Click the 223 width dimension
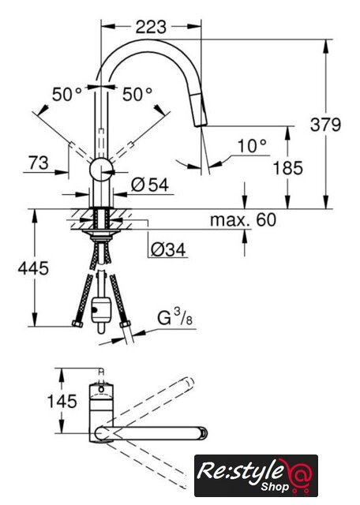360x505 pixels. tap(151, 27)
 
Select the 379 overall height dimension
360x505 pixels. tap(325, 125)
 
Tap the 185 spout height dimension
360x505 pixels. tap(288, 168)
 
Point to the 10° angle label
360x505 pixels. tap(252, 146)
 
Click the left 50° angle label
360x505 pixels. tap(67, 95)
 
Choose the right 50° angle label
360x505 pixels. tap(137, 95)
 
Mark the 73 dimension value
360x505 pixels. tap(39, 163)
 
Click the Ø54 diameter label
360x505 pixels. tap(150, 185)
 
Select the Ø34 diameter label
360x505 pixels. tap(168, 249)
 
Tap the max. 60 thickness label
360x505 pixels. tap(243, 220)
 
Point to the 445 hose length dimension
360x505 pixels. tap(33, 268)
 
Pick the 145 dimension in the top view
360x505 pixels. tap(62, 402)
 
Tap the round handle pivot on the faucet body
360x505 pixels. tap(101, 170)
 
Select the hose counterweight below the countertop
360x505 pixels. tap(101, 310)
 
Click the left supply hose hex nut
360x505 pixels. tap(77, 324)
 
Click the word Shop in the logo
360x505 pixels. tap(275, 486)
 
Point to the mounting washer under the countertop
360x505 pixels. tap(101, 232)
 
